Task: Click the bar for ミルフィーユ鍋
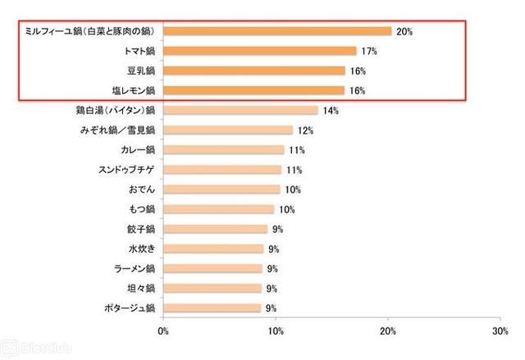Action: [277, 31]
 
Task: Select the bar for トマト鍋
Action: [260, 51]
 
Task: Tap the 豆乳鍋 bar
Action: [254, 71]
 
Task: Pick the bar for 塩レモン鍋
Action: [254, 90]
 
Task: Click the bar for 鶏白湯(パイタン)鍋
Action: [241, 110]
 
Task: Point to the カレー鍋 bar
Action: [224, 150]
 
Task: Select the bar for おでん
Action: [221, 189]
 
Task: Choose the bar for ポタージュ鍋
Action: [212, 308]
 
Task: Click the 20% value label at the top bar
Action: [404, 31]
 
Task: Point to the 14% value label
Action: [331, 110]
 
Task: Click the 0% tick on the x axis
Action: [163, 331]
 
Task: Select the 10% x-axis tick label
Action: [276, 331]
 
